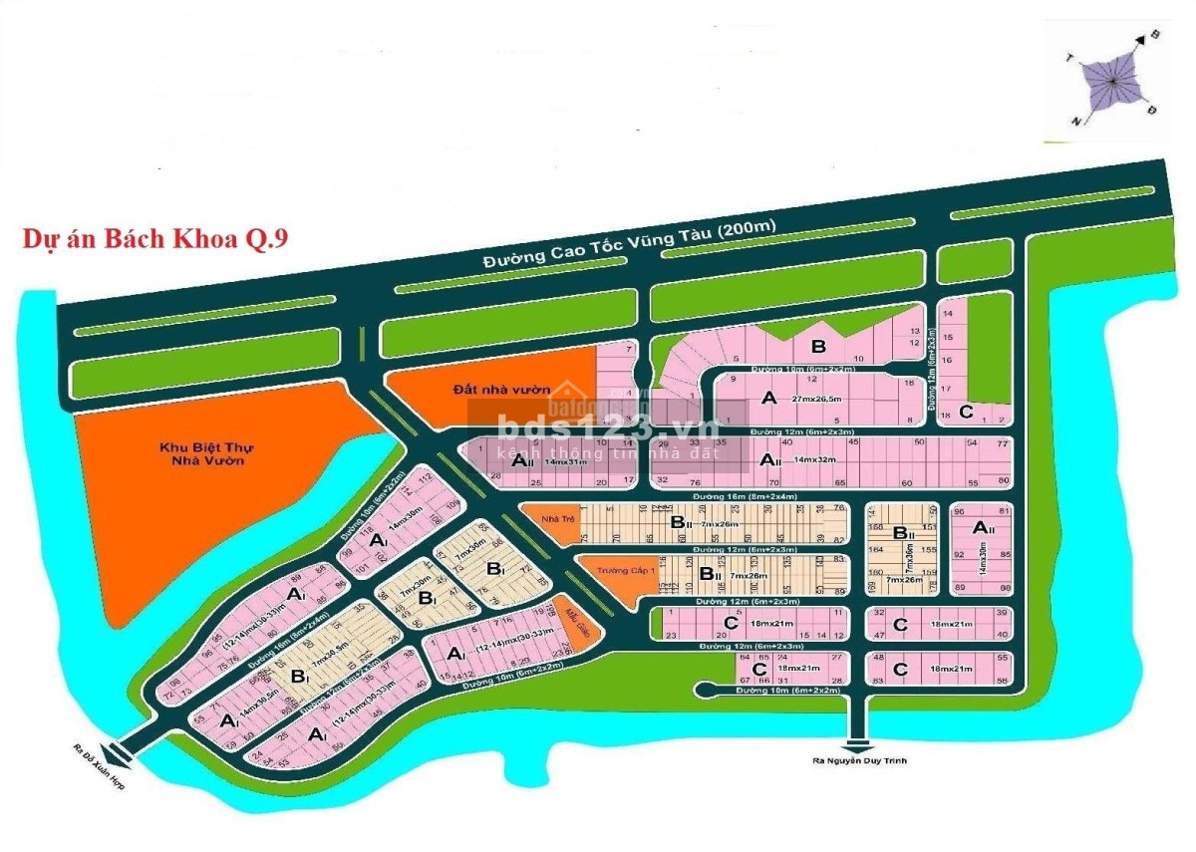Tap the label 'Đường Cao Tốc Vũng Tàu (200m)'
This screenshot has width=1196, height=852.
click(x=629, y=245)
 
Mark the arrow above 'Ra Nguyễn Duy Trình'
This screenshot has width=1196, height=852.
click(x=857, y=741)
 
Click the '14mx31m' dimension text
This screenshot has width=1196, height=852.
click(x=565, y=461)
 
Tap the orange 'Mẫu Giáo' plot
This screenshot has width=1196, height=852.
click(x=572, y=622)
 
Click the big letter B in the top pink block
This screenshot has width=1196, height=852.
click(x=819, y=347)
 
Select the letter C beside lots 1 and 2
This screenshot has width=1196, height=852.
click(x=965, y=411)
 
